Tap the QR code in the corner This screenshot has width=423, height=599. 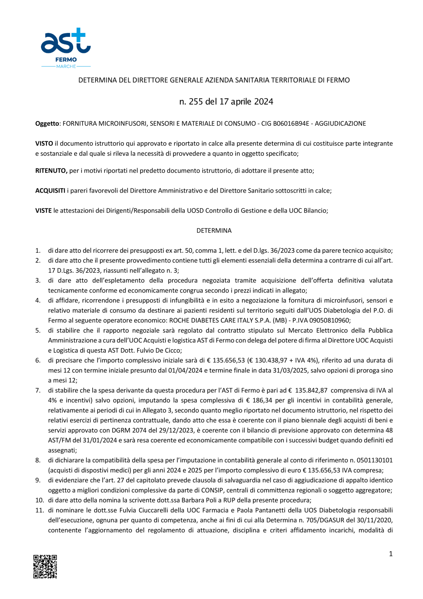coord(45,566)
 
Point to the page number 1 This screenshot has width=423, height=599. coord(390,554)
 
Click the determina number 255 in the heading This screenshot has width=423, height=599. coord(196,102)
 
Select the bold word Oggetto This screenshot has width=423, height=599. coord(47,124)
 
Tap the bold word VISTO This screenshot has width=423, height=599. coord(44,144)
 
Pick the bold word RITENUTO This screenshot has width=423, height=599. coord(51,171)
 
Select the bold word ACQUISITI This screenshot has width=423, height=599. coord(50,190)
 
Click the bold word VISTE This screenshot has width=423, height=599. coord(43,210)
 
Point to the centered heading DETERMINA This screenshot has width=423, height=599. coord(214,231)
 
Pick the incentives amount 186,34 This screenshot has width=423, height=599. coord(262,400)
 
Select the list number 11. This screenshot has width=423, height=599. coord(39,510)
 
